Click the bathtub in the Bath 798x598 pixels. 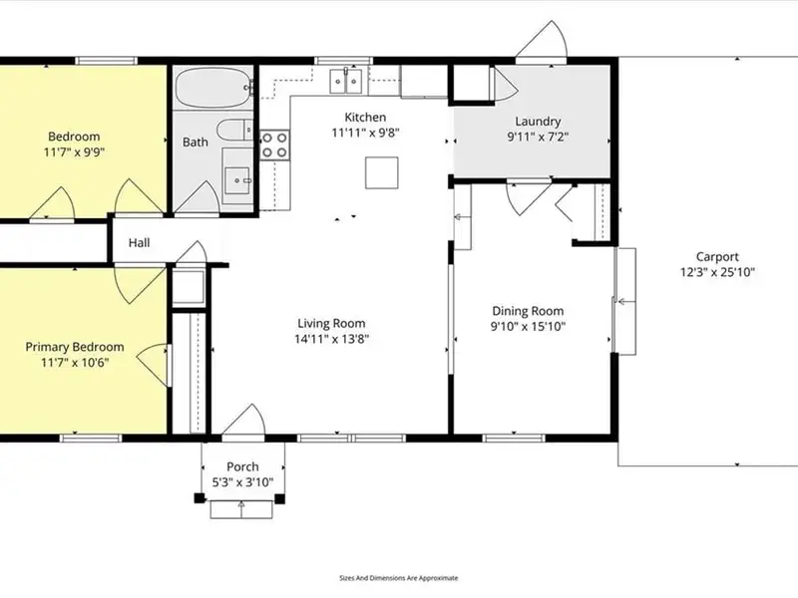point(213,88)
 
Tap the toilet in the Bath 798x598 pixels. point(234,131)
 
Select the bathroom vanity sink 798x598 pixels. point(236,180)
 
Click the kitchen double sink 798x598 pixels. point(345,81)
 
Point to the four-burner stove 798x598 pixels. point(274,145)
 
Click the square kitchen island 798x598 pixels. point(381,172)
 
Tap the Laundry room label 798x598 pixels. point(538,122)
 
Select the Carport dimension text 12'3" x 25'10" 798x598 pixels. point(717,272)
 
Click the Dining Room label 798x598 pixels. point(528,311)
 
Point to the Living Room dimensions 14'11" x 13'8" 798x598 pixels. point(332,339)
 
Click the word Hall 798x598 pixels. point(139,242)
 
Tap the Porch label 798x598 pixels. point(242,466)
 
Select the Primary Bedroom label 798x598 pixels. point(75,347)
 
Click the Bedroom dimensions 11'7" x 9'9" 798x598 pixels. point(74,151)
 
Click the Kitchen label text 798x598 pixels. point(365,117)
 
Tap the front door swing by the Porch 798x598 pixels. point(243,421)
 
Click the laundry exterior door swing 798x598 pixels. point(542,40)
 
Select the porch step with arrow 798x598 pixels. point(241,509)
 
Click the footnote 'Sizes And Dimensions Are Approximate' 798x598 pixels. point(398,578)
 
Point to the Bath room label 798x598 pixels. point(196,142)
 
